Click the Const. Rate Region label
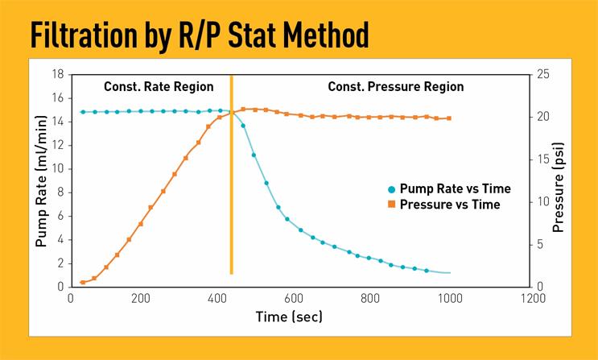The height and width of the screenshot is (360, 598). coord(159,87)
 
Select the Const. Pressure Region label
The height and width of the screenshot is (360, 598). coord(395,87)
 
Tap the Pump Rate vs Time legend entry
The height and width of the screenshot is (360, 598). coord(455,188)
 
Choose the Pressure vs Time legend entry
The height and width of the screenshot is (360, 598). coord(449,205)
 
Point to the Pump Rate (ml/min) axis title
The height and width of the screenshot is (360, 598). coord(41,180)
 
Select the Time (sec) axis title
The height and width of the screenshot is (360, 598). coord(289,317)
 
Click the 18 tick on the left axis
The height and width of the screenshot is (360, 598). coord(58,74)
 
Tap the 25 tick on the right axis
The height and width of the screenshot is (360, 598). coord(542,74)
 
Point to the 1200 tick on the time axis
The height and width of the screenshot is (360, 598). coord(530,298)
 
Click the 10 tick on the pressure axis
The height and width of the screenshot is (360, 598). coord(542,202)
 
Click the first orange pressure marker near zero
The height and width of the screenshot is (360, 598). coord(83,282)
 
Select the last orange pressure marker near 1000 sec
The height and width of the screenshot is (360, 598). coord(448,118)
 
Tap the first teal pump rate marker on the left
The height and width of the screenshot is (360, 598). coord(83,112)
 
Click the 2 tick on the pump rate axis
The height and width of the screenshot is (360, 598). coord(60,263)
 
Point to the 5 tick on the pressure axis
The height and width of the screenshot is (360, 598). coord(539,245)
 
